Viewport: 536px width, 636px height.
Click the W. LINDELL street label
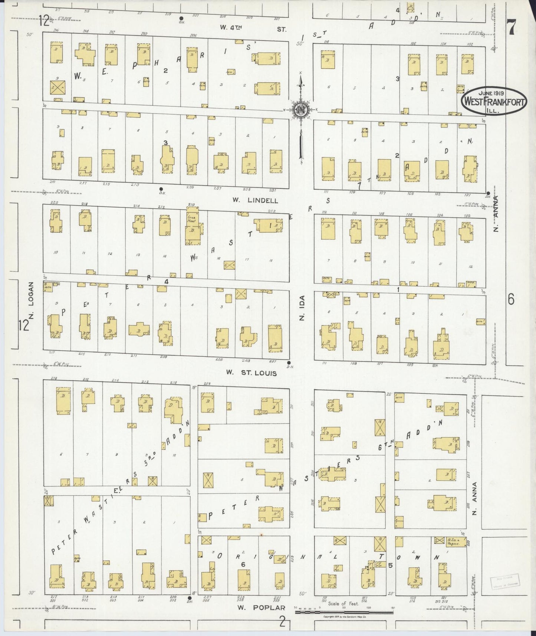click(x=255, y=200)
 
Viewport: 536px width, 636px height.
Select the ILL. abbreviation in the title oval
click(x=493, y=110)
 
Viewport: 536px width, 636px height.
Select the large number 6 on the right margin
click(x=511, y=299)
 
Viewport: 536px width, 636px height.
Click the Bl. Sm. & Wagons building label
click(x=453, y=542)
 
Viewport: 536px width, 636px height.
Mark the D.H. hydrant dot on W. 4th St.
click(x=181, y=18)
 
